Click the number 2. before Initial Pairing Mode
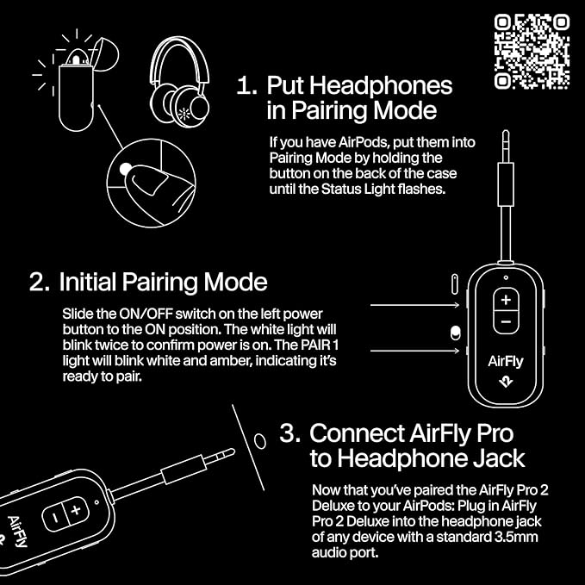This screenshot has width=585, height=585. coord(40,283)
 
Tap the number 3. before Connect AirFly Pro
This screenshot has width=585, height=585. coord(290,433)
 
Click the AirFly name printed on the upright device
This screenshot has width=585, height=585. coord(505,362)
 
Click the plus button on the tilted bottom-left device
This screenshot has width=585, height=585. coord(75,510)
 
